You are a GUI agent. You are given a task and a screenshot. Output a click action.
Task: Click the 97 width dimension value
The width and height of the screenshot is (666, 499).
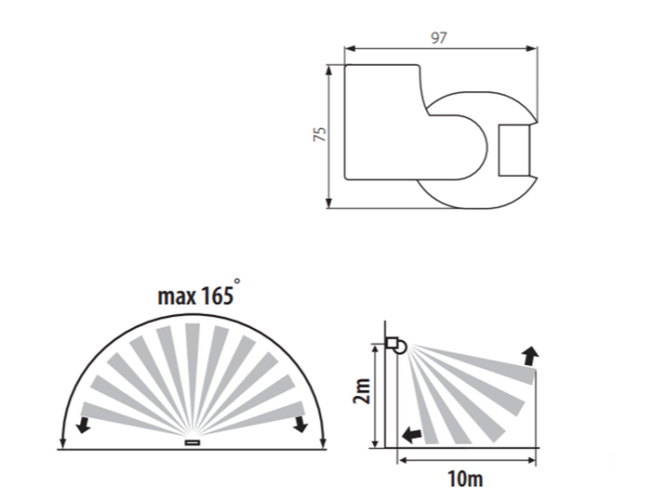click(x=439, y=38)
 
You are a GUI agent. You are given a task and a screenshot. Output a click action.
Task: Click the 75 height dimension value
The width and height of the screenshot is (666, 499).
click(x=320, y=134)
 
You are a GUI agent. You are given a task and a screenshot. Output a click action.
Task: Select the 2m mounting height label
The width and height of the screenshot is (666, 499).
click(x=362, y=392)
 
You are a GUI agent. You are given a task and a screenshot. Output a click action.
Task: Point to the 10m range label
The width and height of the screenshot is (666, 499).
click(x=465, y=479)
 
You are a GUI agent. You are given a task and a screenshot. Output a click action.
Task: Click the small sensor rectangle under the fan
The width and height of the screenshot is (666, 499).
click(x=193, y=442)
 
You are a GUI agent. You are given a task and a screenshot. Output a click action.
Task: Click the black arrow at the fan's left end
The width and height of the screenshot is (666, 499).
click(x=83, y=424)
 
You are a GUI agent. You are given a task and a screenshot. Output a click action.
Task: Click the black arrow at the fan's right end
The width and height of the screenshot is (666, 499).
click(x=301, y=424)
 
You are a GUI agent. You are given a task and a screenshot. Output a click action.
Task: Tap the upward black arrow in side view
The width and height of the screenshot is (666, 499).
click(x=530, y=356)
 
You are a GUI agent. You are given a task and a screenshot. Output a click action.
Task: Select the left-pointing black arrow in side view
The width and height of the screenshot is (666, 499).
click(x=411, y=434)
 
